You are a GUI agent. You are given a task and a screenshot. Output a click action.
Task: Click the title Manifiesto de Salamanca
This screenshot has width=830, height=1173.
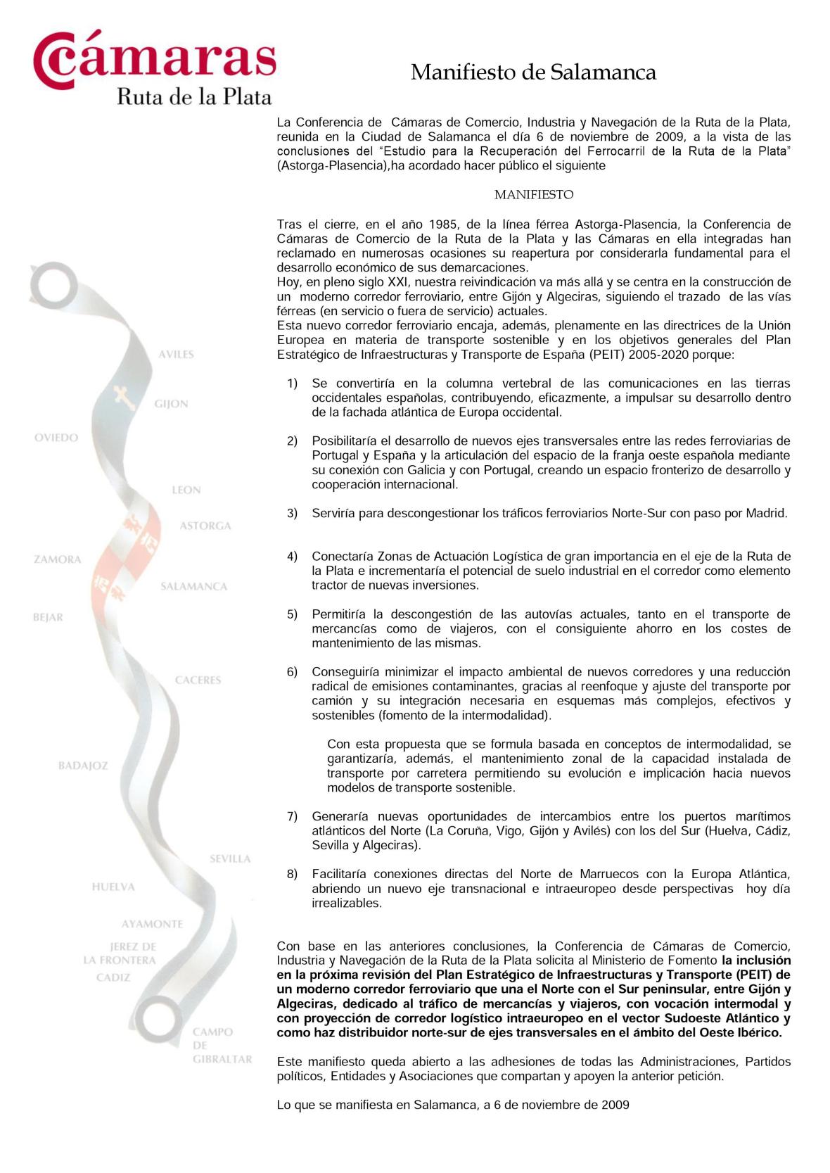533,72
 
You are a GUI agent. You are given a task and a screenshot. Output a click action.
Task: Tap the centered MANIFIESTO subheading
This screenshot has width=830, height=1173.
533,195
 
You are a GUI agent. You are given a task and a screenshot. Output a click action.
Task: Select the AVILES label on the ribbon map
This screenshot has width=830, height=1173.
175,354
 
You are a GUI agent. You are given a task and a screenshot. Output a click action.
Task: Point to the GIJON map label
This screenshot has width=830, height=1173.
171,404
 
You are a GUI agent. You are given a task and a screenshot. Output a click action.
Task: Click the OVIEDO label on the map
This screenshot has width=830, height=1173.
56,438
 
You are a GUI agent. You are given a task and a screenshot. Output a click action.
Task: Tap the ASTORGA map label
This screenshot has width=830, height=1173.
205,526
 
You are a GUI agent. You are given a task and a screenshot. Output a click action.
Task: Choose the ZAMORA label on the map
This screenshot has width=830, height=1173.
58,559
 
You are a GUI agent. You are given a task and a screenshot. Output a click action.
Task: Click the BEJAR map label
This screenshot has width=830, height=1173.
48,618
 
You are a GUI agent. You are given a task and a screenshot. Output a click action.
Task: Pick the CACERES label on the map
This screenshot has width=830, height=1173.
198,680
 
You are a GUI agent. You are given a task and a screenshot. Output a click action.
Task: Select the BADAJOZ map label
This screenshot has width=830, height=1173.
83,766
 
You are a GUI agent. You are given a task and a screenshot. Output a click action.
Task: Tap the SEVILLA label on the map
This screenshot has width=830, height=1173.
230,858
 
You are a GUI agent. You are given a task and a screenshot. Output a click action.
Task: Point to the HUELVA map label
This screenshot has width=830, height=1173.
113,887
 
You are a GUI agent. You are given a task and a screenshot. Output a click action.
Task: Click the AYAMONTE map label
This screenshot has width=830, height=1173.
152,924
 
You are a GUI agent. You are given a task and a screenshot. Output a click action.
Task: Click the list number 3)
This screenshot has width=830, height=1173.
292,514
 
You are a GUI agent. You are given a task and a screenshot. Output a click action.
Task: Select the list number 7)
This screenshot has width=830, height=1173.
292,817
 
